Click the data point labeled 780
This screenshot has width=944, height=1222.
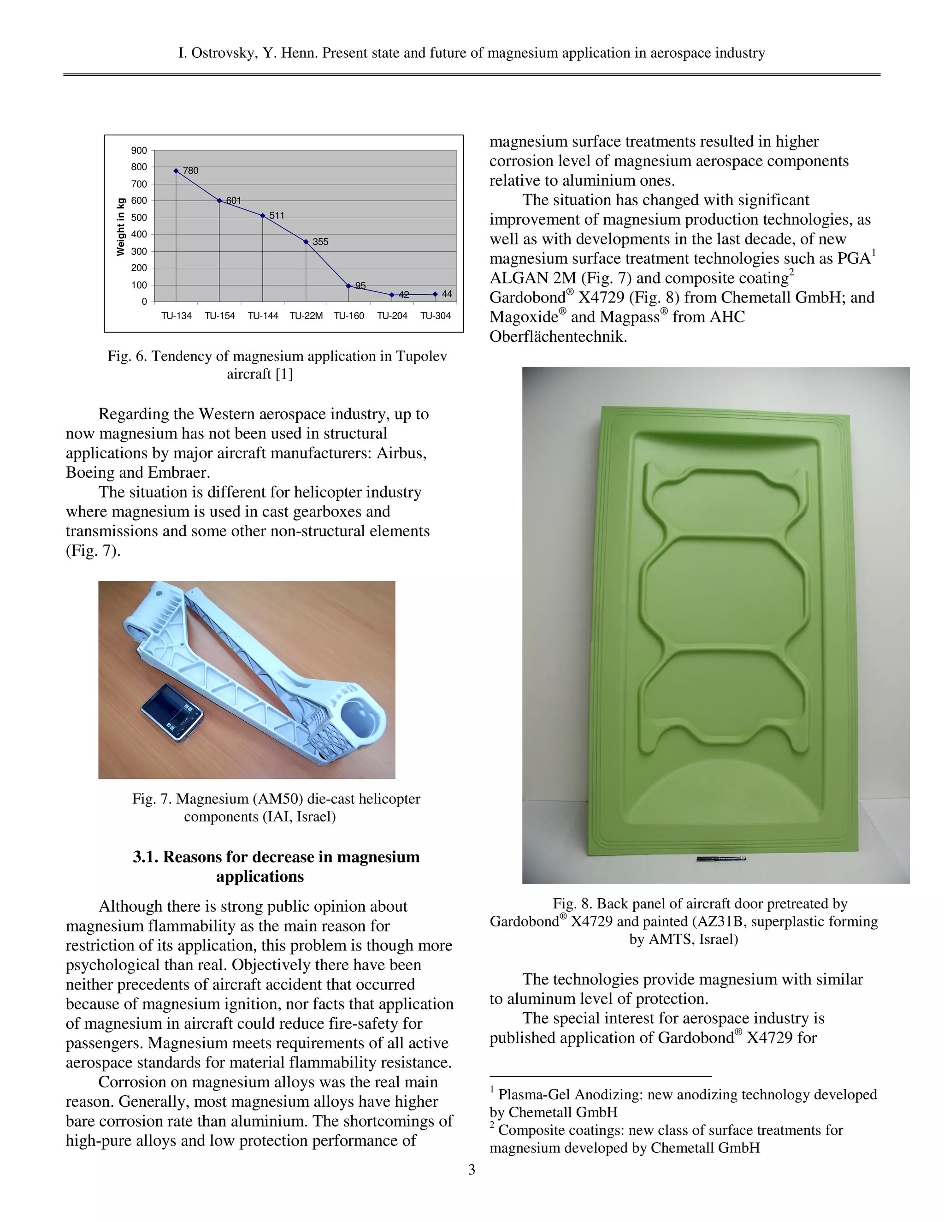pos(176,171)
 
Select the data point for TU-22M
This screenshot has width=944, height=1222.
pos(306,242)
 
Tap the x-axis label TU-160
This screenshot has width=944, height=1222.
pos(349,315)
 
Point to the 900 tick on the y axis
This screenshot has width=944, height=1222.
pos(139,150)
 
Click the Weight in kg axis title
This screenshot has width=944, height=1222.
pos(120,226)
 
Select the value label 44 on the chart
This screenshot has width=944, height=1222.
pos(447,294)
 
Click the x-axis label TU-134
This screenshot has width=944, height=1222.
pos(176,315)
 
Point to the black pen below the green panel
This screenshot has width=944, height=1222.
pos(721,858)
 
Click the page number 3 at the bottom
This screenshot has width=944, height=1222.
pos(472,1169)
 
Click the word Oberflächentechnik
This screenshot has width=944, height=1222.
pos(558,337)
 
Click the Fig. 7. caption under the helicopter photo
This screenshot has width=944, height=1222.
pos(151,799)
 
